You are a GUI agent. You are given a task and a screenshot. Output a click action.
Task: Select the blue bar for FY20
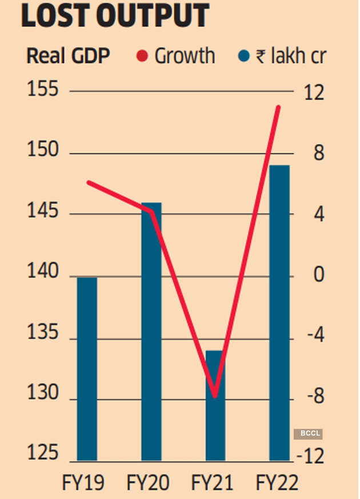point(151,331)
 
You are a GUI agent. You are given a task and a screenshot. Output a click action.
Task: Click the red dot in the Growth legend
point(143,57)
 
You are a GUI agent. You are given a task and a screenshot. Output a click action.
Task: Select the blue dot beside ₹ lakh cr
point(243,57)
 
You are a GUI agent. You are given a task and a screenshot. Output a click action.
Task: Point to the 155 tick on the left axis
point(43,91)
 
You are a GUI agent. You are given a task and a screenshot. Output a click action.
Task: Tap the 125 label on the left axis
point(43,454)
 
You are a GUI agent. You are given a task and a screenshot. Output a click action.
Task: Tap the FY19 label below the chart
point(83,484)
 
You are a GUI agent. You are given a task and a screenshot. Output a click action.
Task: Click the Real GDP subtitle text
point(69,57)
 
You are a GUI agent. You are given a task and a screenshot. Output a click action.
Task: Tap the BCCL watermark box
point(308,434)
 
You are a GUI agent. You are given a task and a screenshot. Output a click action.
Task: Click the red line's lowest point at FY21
point(215,396)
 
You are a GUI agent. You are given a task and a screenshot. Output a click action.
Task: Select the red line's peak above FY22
point(278,107)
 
